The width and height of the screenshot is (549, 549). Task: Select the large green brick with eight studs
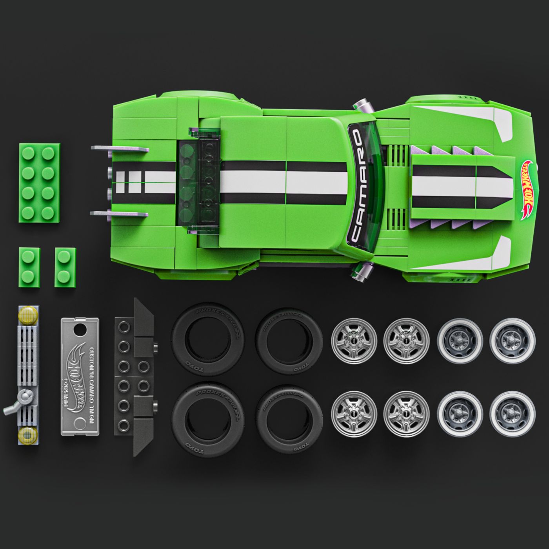39,182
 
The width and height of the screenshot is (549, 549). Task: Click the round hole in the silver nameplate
81,329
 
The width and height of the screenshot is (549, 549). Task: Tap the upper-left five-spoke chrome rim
354,341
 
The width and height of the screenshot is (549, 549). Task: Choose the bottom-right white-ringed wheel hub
513,414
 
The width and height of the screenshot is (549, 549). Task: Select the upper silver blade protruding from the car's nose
120,149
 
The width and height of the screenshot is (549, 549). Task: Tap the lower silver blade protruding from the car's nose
120,214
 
